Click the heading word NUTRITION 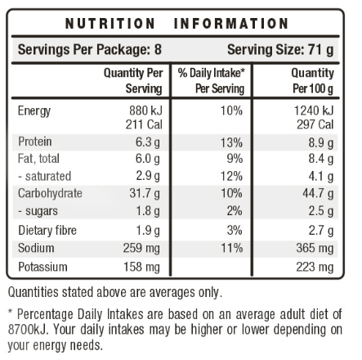[110, 24]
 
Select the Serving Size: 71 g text [280, 50]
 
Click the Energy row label [34, 111]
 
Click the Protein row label [35, 142]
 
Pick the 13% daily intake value [231, 142]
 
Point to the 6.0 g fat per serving [146, 159]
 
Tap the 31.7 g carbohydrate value [144, 193]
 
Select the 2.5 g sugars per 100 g [320, 211]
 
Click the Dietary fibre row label [47, 230]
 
